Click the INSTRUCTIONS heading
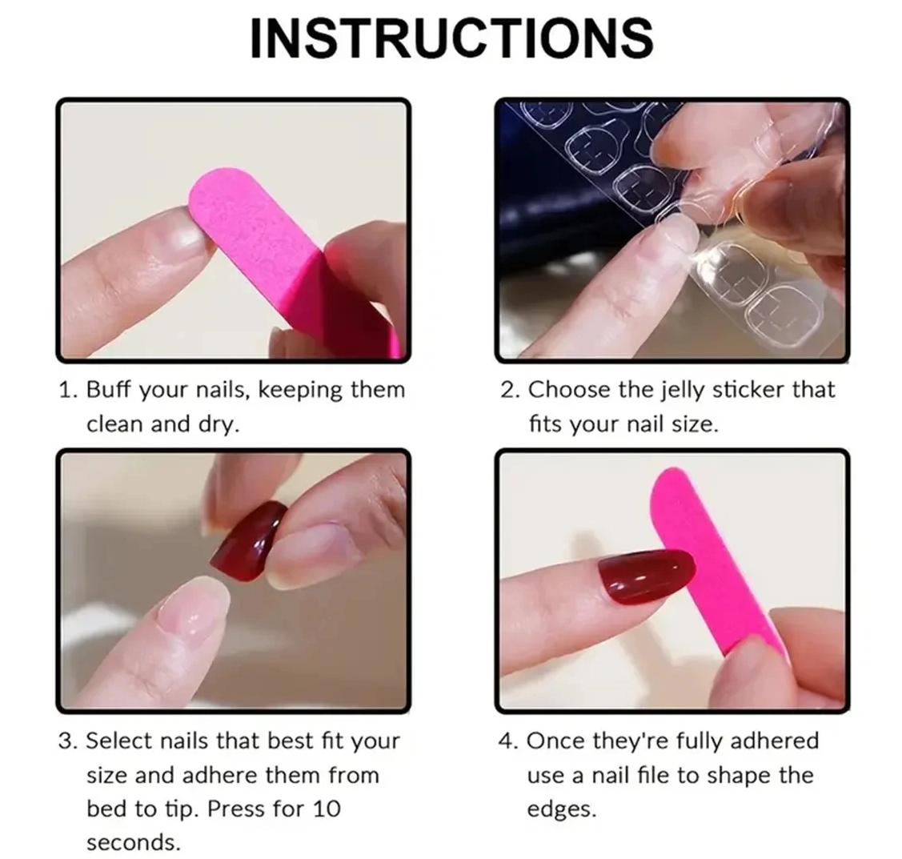click(x=452, y=38)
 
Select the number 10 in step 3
click(x=327, y=809)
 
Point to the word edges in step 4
click(x=562, y=810)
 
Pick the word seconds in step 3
click(x=134, y=843)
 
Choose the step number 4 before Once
click(x=508, y=741)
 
